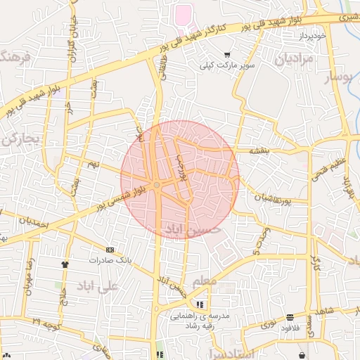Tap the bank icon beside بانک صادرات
[x=109, y=250]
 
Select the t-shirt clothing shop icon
[x=66, y=264]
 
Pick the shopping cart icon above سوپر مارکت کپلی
[x=226, y=55]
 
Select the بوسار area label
[x=337, y=77]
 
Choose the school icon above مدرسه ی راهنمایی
[x=200, y=305]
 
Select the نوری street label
[x=269, y=324]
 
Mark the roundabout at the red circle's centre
[x=157, y=184]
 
